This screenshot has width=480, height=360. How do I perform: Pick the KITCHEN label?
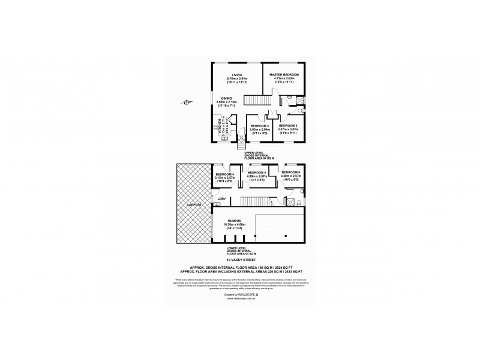tap(219, 128)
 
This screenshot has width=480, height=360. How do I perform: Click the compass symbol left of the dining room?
tap(187, 103)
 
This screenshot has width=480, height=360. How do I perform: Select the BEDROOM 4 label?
tap(224, 174)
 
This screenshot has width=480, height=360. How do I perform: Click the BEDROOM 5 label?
tap(256, 172)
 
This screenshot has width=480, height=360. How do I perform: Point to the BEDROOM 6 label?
tap(291, 172)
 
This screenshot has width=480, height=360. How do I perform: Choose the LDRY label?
tap(221, 199)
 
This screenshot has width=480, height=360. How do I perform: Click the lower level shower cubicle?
tap(295, 202)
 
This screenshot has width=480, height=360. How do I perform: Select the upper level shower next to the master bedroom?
tap(300, 100)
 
